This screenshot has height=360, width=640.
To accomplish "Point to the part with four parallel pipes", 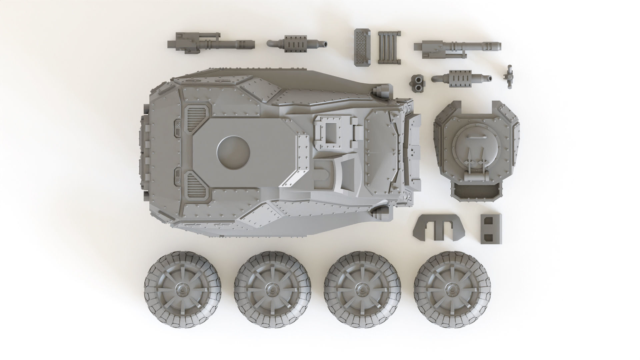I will pos(389,47).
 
